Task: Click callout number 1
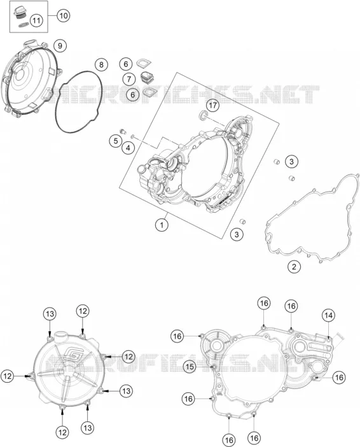162,225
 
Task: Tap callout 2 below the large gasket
294,267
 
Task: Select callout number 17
212,106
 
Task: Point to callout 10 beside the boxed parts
63,15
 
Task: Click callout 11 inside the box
36,20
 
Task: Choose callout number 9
60,46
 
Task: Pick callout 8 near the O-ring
101,65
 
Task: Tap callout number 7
129,79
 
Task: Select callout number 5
116,141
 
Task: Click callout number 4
128,148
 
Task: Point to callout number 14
328,315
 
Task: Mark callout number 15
190,367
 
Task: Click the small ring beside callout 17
204,115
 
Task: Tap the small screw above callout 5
123,131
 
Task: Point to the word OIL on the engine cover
219,394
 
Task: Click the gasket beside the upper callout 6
144,63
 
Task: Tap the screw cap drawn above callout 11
20,12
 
